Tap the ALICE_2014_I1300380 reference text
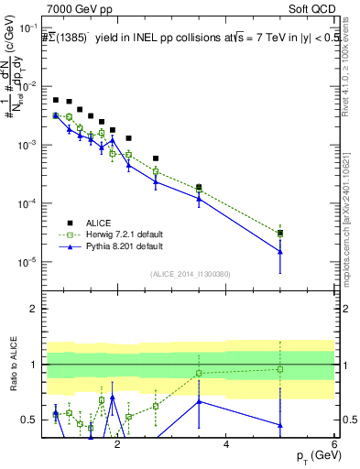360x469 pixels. point(190,274)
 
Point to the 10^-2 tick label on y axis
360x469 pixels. point(31,86)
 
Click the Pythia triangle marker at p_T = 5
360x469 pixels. point(280,252)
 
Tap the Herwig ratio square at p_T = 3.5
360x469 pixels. point(199,373)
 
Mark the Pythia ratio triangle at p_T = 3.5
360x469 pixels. point(199,401)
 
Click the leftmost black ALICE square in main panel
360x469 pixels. point(56,100)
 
